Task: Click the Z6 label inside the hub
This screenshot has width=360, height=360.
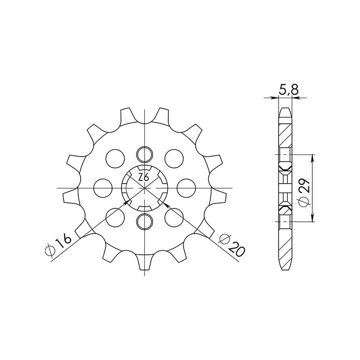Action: tap(144, 177)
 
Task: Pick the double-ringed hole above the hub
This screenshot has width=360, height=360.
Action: tap(144, 154)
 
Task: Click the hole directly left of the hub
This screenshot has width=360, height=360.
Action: tap(103, 187)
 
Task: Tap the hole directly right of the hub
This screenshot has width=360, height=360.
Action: tap(186, 187)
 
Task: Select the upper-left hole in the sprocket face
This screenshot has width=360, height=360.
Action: tap(115, 158)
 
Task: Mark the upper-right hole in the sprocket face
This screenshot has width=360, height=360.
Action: tap(174, 158)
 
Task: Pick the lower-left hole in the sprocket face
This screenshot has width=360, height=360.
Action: tap(115, 216)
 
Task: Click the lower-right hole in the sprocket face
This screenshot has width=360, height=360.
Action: tap(174, 216)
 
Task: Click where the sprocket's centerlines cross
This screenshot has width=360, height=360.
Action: tap(144, 187)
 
